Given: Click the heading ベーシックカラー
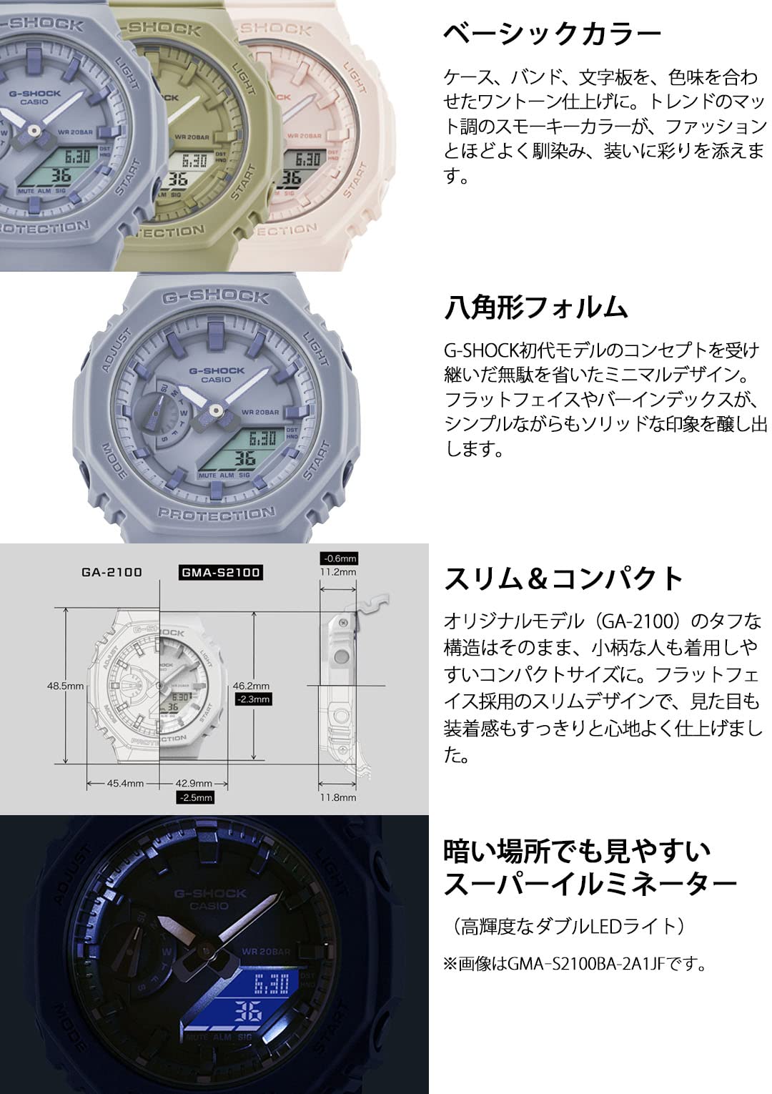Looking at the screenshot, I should click(552, 34).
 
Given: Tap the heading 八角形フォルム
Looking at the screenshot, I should click(536, 307).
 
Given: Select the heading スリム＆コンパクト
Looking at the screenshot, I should click(564, 578).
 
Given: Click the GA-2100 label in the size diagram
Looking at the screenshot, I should click(112, 572).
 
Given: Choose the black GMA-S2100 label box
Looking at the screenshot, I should click(219, 572).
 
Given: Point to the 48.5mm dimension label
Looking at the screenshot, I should click(66, 686).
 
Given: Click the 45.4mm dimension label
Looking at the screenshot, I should click(125, 783).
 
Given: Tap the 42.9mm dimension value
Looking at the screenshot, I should click(194, 783).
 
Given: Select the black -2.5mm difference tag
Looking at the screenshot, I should click(195, 797).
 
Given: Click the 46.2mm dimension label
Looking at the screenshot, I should click(252, 686).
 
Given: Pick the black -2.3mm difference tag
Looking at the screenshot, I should click(253, 699).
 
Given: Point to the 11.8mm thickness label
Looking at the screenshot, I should click(338, 797).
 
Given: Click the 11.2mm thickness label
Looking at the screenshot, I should click(338, 572).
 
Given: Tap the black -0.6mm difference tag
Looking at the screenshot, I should click(340, 558).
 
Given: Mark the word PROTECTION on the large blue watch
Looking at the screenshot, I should click(216, 514).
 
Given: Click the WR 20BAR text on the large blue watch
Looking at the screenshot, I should click(260, 413).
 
